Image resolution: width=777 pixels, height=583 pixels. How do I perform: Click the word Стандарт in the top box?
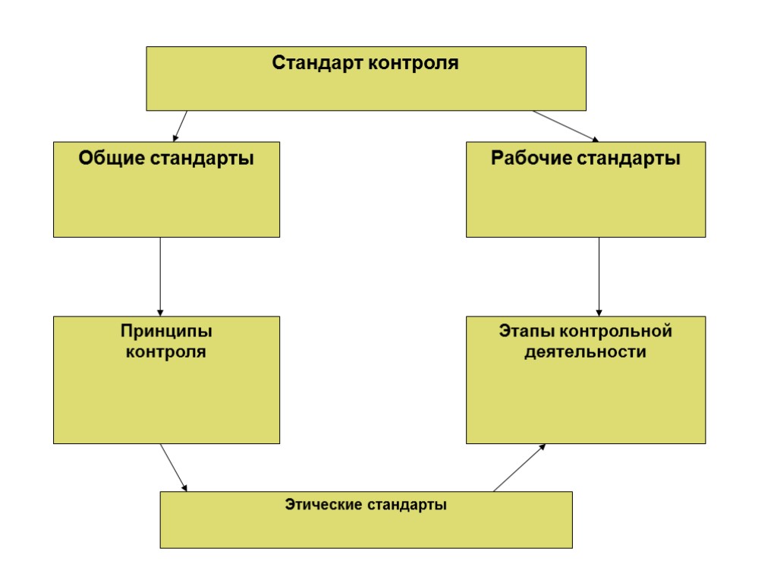(x=317, y=62)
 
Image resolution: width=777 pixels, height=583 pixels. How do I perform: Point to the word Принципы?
(x=166, y=332)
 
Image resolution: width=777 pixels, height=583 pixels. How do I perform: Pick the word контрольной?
(x=615, y=332)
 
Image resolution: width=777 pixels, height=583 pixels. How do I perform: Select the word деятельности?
(x=585, y=352)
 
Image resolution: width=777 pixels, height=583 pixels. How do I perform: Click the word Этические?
(x=322, y=504)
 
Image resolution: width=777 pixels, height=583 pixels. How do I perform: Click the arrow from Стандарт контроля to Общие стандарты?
(x=181, y=126)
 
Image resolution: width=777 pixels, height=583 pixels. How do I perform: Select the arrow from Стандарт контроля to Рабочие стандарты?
(x=565, y=126)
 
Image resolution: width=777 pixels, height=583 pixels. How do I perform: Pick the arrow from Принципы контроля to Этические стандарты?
(x=174, y=468)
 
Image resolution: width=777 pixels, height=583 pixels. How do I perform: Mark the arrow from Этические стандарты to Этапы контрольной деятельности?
(x=519, y=468)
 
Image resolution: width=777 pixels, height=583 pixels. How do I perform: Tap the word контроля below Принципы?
(x=165, y=352)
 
